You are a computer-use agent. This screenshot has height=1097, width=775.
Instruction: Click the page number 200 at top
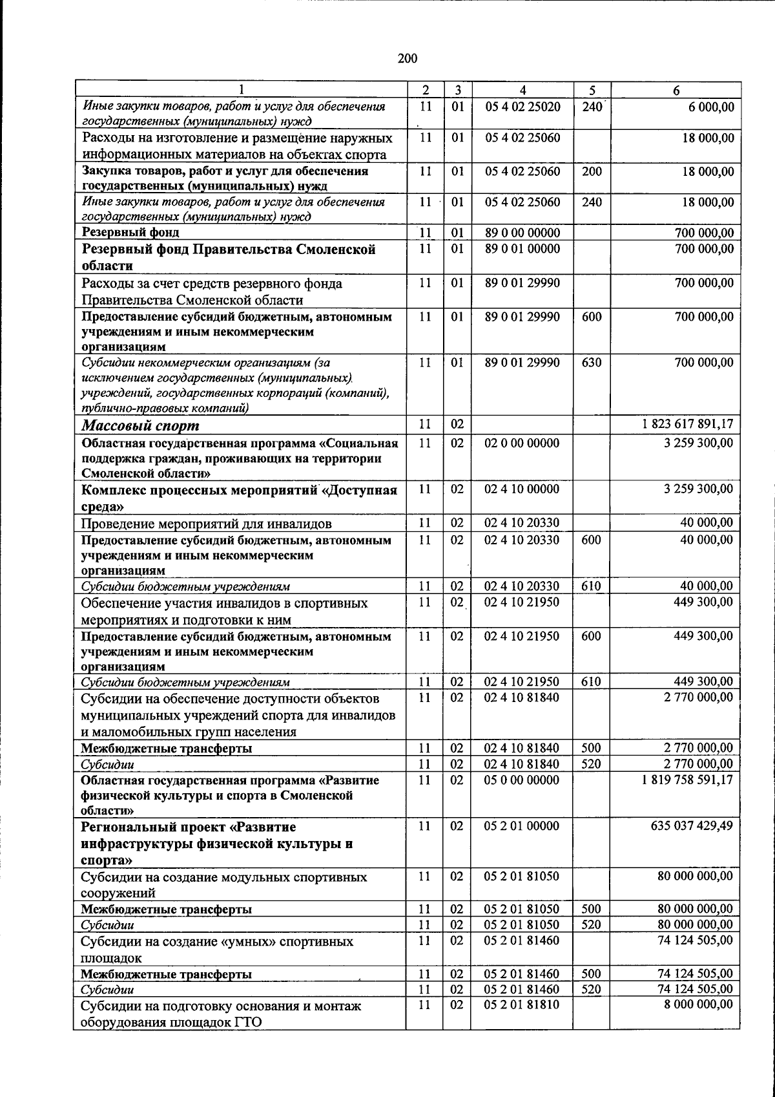(408, 59)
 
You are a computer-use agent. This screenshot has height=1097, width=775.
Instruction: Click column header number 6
(676, 91)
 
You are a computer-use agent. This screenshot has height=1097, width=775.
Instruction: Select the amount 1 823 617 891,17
(687, 425)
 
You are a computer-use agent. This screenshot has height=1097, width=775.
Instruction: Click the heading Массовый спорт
(140, 426)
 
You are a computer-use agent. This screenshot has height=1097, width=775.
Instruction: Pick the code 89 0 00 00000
(522, 233)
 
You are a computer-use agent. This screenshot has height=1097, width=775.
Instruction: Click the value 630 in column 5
(591, 363)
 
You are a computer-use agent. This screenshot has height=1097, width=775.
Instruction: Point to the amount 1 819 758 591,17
(687, 780)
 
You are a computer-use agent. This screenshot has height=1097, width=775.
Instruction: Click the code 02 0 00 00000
(522, 443)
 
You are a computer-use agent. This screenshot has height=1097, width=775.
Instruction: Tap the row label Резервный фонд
(130, 232)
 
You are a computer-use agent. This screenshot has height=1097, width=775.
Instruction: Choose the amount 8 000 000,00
(699, 1005)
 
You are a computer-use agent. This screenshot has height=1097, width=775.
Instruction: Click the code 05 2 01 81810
(522, 1005)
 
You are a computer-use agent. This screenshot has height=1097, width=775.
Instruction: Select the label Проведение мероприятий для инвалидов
(207, 524)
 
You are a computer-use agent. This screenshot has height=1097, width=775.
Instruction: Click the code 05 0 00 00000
(522, 780)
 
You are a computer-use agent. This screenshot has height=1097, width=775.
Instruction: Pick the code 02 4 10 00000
(522, 489)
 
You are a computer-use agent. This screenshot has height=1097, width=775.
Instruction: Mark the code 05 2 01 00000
(522, 826)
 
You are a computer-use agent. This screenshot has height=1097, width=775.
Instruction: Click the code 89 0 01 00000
(522, 249)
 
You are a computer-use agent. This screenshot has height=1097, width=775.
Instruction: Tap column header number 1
(242, 91)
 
